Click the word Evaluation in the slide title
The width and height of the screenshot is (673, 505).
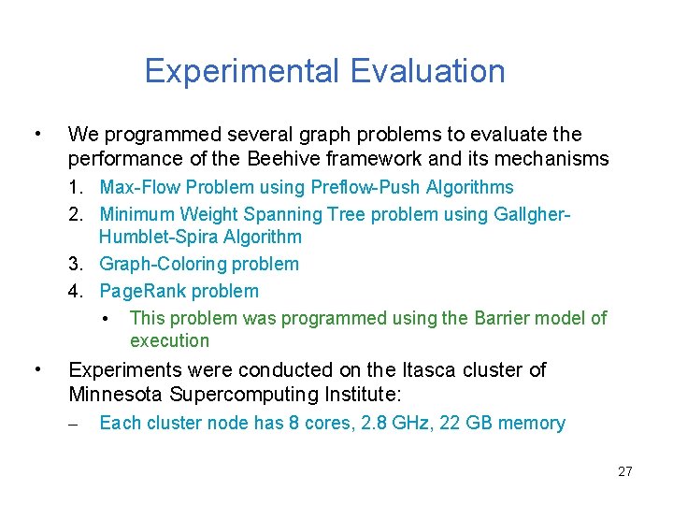click(x=428, y=71)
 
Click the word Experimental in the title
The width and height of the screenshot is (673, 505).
click(x=243, y=71)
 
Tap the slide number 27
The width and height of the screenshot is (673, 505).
click(x=624, y=471)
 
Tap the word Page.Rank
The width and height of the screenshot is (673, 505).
click(x=137, y=291)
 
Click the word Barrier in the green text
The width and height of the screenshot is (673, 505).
click(x=505, y=318)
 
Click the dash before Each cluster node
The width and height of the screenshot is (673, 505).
click(x=75, y=424)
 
